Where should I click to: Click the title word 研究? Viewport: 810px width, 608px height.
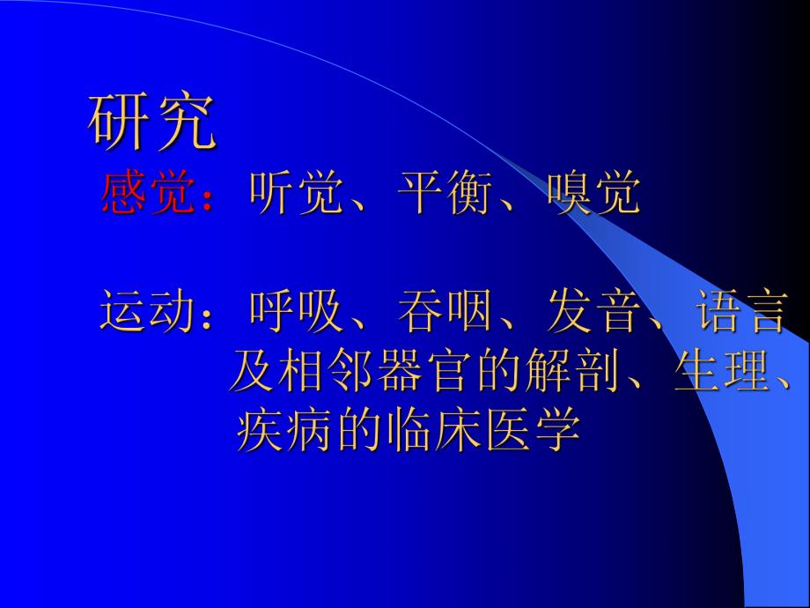tap(152, 122)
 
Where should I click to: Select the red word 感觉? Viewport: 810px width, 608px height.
tap(146, 194)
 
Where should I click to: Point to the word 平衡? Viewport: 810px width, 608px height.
tap(443, 194)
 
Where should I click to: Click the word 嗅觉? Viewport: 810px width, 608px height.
tap(593, 194)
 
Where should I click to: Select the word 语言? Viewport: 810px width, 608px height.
tap(740, 313)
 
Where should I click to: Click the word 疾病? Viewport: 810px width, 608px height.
tap(283, 431)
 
